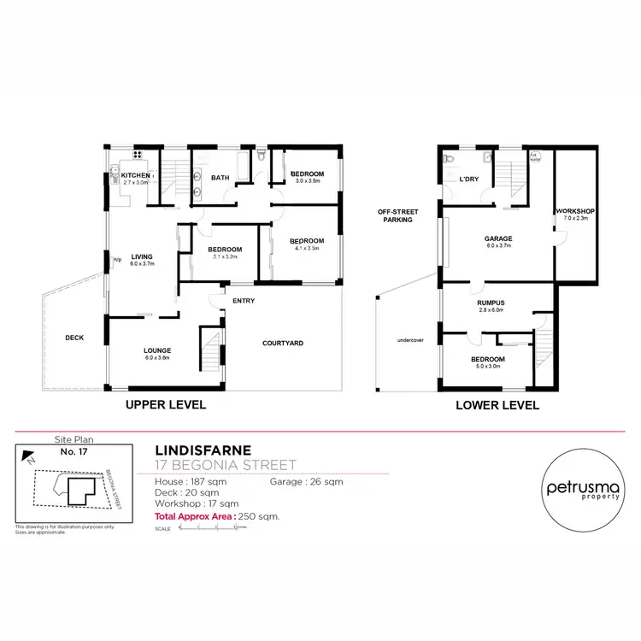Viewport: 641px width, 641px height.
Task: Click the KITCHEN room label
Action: click(x=135, y=175)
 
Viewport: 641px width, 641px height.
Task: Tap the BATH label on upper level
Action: click(x=221, y=178)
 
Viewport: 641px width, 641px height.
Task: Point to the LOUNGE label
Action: click(x=157, y=350)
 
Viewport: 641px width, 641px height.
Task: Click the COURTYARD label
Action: click(x=282, y=344)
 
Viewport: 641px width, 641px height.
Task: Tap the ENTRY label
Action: click(x=244, y=301)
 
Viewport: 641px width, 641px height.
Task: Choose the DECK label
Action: click(x=74, y=338)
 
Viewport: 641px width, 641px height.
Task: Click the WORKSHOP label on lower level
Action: click(x=574, y=210)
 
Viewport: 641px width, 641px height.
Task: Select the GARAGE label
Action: click(x=498, y=238)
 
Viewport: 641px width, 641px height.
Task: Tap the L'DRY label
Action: click(x=468, y=179)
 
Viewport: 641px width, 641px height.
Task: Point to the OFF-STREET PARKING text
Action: click(x=397, y=215)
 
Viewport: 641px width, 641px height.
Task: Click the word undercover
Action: click(x=411, y=339)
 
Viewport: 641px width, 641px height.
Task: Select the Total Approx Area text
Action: click(x=217, y=517)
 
